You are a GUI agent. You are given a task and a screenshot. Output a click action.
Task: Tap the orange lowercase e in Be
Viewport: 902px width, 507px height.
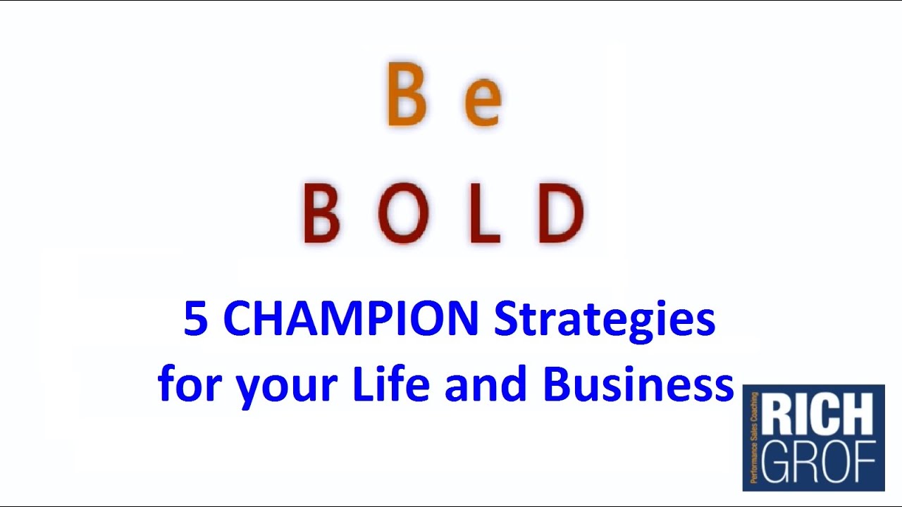click(483, 104)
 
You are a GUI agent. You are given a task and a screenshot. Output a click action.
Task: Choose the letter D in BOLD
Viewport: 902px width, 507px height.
click(561, 213)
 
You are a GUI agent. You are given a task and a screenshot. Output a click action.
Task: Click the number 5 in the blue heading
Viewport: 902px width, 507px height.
click(195, 319)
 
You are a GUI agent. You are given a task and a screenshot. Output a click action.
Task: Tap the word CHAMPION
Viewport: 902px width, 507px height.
click(351, 319)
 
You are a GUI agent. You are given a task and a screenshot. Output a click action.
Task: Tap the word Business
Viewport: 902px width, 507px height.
click(638, 384)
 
